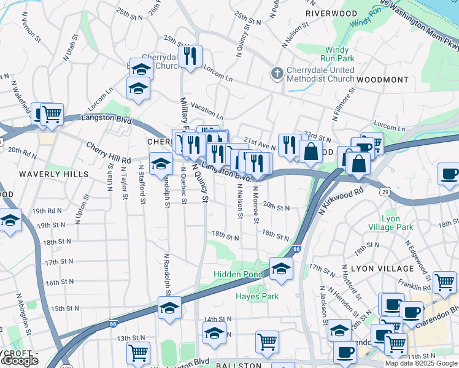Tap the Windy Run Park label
[x=339, y=54]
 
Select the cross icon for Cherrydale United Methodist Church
[x=277, y=74]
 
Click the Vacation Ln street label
[x=207, y=110]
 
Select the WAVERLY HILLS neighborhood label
[x=47, y=174]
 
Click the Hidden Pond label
[x=237, y=274]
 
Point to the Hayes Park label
[x=258, y=296]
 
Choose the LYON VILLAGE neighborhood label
[x=382, y=269]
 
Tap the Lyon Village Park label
[x=398, y=223]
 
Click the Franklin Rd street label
[x=414, y=286]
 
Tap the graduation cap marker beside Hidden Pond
[x=281, y=268]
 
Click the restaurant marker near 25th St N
[x=192, y=56]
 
